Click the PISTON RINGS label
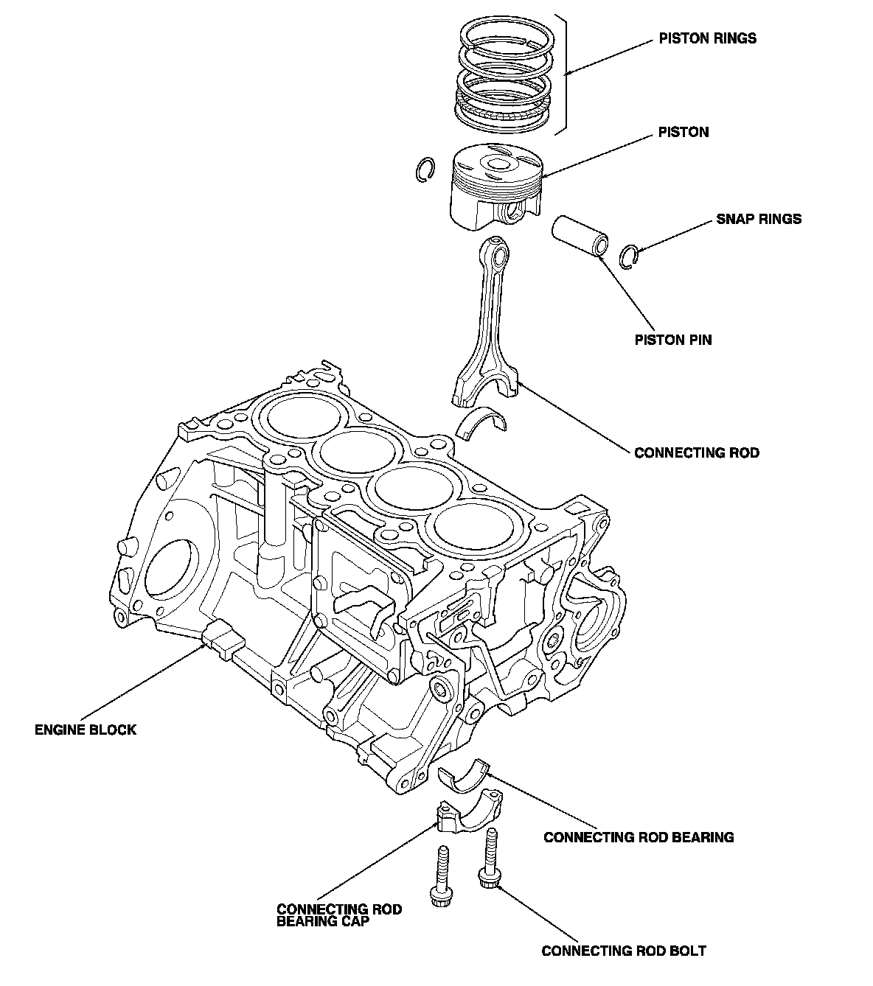707,38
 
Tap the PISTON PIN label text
673,340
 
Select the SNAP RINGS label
759,219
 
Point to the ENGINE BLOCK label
86,730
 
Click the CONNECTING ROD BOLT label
624,951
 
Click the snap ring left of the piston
423,169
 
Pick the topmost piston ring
505,33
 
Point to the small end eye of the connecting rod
500,256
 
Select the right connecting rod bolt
490,858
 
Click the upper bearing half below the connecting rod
481,422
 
